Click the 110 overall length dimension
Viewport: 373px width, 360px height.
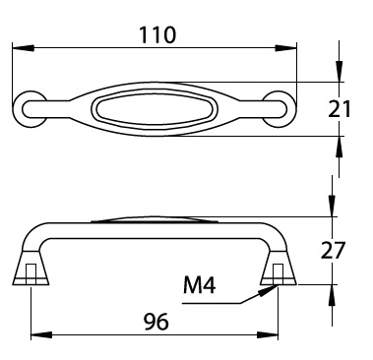pyautogui.click(x=157, y=35)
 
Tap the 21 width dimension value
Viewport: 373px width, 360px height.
pyautogui.click(x=340, y=109)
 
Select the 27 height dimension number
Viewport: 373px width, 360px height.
pyautogui.click(x=333, y=250)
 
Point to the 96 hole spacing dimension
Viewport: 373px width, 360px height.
pyautogui.click(x=156, y=322)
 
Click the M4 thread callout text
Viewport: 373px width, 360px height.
pyautogui.click(x=200, y=285)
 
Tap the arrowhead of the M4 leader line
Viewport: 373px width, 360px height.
pyautogui.click(x=269, y=290)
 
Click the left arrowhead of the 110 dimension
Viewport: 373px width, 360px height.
pyautogui.click(x=23, y=48)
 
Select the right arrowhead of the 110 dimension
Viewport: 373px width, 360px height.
pyautogui.click(x=285, y=48)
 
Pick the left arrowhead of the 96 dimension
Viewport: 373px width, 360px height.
pyautogui.click(x=41, y=335)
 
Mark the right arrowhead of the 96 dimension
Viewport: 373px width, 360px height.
pyautogui.click(x=268, y=335)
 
